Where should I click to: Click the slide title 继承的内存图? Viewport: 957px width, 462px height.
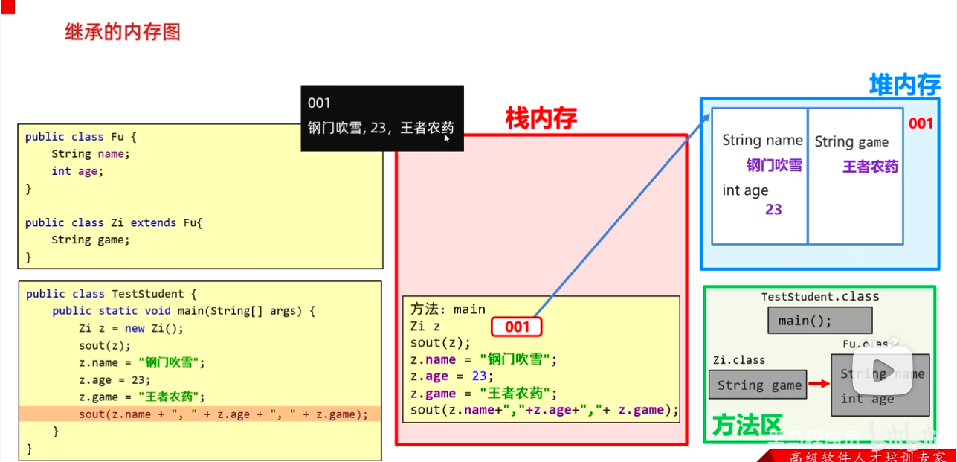123,32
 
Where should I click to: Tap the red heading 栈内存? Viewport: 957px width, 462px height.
541,118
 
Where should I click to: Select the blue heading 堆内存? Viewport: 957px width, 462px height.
904,85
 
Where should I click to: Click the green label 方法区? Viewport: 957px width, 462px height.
747,426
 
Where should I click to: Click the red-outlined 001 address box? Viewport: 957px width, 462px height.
517,327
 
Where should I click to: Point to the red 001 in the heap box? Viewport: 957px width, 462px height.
920,123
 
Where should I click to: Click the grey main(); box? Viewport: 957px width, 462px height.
819,321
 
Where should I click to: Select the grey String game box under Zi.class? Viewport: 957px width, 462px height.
758,385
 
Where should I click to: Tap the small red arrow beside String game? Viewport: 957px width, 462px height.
819,384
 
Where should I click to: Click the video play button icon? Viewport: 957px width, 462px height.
883,370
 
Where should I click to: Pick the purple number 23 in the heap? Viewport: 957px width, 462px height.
773,210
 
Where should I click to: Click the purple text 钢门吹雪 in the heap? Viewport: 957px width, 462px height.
774,166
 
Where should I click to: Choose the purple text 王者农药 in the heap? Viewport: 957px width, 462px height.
870,167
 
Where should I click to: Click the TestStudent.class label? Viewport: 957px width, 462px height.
819,297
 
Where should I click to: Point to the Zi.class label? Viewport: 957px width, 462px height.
738,360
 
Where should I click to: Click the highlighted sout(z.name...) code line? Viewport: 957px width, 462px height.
223,414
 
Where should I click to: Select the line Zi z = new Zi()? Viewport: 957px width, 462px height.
131,328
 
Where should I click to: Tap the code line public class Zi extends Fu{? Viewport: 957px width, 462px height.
114,222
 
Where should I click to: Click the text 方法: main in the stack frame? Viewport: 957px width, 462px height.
448,309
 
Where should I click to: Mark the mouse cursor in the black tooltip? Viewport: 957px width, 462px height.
447,138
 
